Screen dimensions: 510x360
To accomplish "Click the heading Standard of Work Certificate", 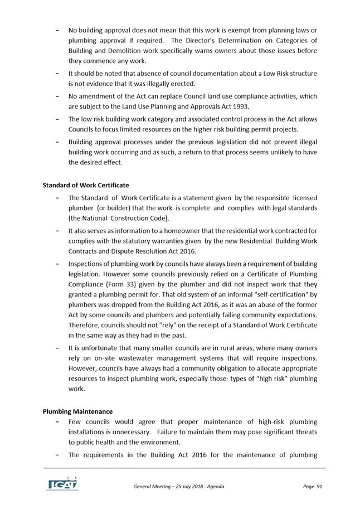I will click(x=85, y=185).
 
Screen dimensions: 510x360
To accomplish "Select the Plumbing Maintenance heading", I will click(x=77, y=412).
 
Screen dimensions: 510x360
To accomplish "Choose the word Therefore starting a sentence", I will click(x=86, y=325).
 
